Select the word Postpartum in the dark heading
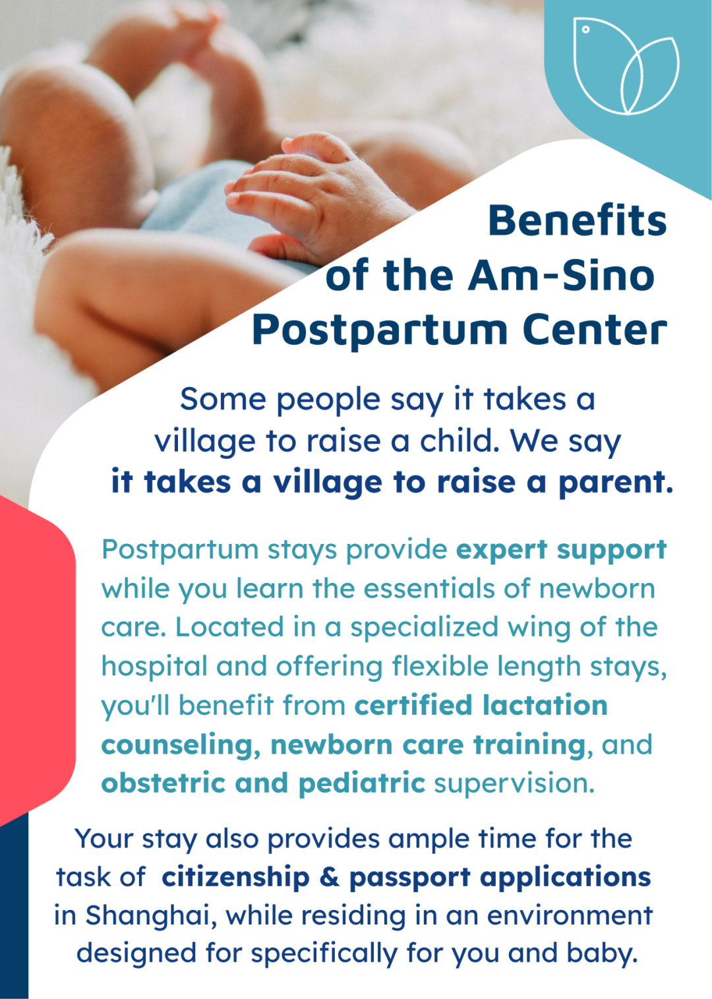tap(380, 332)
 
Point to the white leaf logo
tap(626, 66)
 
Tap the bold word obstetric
tap(163, 783)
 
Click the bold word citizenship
tap(235, 877)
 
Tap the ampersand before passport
tap(330, 877)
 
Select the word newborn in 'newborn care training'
tap(332, 745)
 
